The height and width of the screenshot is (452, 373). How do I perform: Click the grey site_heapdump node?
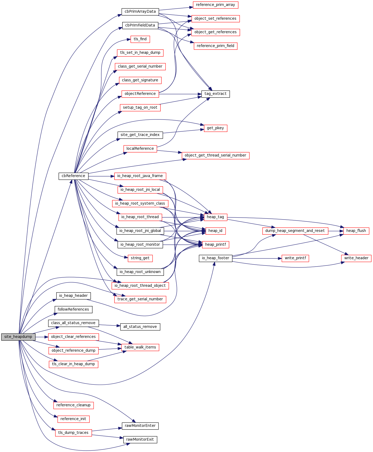click(x=18, y=337)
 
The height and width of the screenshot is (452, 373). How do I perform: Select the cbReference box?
click(x=74, y=176)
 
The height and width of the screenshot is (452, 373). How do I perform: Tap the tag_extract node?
click(x=216, y=94)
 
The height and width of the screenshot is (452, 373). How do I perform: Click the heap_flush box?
click(x=356, y=231)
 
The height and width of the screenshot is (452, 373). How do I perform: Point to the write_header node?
click(x=356, y=258)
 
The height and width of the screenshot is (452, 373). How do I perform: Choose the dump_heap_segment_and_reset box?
click(x=295, y=231)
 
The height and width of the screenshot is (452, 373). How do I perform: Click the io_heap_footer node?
click(x=216, y=258)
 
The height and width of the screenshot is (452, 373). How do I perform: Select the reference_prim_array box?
click(x=215, y=5)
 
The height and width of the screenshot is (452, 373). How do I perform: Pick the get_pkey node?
click(x=215, y=128)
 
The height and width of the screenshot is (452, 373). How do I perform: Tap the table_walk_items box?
click(x=140, y=347)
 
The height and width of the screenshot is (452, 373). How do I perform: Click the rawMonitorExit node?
click(x=140, y=440)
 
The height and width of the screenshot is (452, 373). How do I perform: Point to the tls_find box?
click(x=140, y=39)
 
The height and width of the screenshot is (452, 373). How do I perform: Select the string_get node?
click(x=140, y=258)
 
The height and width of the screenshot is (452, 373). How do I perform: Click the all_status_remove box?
click(x=140, y=327)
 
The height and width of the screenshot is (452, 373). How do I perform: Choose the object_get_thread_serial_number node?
click(x=215, y=155)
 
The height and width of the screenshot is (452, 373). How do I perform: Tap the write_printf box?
click(x=295, y=258)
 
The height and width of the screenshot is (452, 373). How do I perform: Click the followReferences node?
click(x=73, y=310)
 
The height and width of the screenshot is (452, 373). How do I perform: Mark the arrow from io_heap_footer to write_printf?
click(x=257, y=258)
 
